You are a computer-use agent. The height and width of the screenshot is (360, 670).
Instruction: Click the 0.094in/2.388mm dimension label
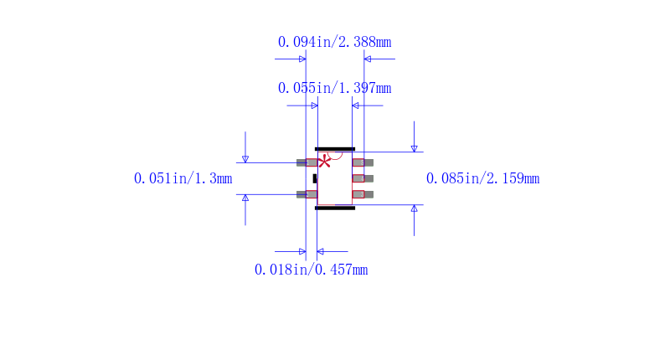coord(334,42)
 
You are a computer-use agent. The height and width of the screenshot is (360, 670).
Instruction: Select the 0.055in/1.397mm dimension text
coord(334,88)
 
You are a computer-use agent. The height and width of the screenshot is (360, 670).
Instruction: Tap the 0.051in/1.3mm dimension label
coord(183,178)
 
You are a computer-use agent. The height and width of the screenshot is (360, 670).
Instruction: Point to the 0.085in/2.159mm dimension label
coord(482,178)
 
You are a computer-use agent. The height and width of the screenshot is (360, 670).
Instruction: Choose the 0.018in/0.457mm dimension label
coord(311,270)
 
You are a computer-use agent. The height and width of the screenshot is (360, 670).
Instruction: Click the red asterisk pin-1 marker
coord(324,162)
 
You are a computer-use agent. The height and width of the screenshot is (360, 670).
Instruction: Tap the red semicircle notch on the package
coord(335,155)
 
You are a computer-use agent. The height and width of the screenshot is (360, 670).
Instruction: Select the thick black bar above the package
coord(335,149)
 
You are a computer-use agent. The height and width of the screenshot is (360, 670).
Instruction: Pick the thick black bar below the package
coord(335,208)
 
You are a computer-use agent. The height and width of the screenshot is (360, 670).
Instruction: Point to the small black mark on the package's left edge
coord(315,178)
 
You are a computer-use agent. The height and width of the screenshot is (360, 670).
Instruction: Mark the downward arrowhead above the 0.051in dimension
coord(245,158)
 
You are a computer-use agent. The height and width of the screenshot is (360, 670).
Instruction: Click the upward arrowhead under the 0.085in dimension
coord(414,209)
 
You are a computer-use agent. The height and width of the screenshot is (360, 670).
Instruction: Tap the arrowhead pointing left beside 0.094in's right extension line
coord(368,59)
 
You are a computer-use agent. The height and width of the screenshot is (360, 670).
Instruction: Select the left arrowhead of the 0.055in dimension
coord(314,105)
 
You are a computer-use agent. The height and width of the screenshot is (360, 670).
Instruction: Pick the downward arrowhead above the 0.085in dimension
coord(414,147)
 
